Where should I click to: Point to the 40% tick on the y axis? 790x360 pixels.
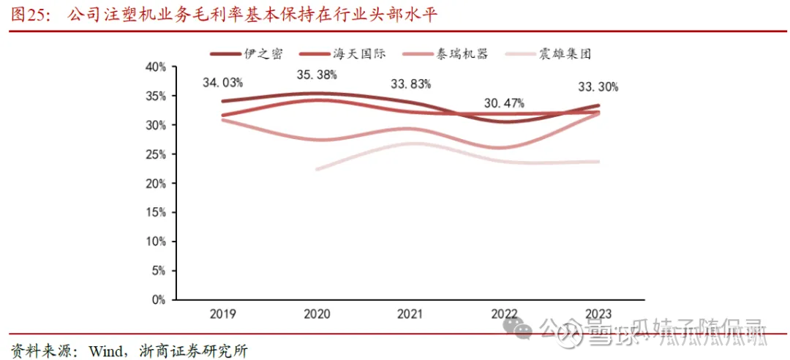point(156,67)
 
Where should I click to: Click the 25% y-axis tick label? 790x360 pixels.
point(156,154)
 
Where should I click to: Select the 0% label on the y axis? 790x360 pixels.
point(159,300)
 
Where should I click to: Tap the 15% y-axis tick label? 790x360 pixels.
point(156,212)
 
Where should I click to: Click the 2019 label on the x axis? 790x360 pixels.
point(222,314)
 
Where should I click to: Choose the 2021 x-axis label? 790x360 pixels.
point(410,314)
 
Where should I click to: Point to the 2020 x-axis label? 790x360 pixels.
point(316,314)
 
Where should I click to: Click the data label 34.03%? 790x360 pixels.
point(222,83)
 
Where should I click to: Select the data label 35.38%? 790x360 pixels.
point(317,75)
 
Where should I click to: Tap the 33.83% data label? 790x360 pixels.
point(410,83)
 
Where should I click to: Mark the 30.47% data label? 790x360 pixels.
point(504,103)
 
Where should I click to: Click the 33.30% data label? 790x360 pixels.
point(598,87)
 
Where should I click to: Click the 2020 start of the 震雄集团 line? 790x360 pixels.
point(317,169)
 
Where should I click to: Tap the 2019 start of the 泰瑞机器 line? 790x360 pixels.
point(222,119)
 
